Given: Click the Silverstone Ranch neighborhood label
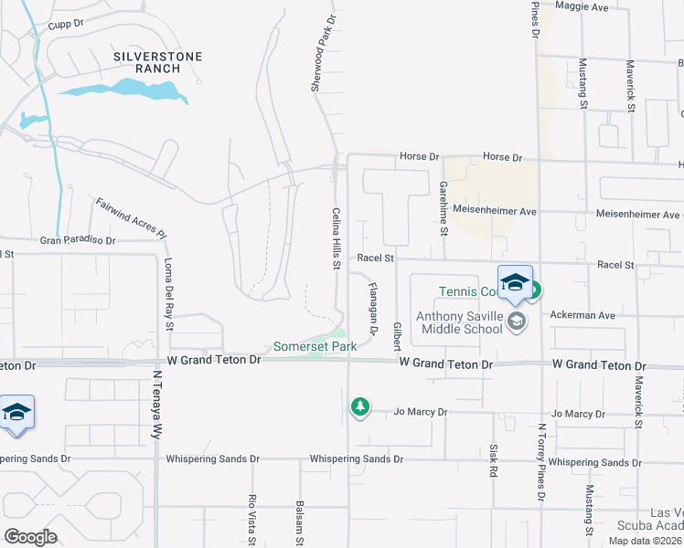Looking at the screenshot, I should coord(157,62).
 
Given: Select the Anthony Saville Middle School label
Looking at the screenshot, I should coord(459,323).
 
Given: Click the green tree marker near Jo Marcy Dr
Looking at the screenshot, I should coord(360,406).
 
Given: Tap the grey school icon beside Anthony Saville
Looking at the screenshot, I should coord(518,321).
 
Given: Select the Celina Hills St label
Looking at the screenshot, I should coord(336,238).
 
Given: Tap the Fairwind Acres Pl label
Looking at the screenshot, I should coord(134,216).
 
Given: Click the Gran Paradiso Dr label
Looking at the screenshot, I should coord(78,241).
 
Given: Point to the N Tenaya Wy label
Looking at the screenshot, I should coord(156,402).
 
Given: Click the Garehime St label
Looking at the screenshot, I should coord(443,206).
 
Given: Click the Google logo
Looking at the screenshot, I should coord(30,536).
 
